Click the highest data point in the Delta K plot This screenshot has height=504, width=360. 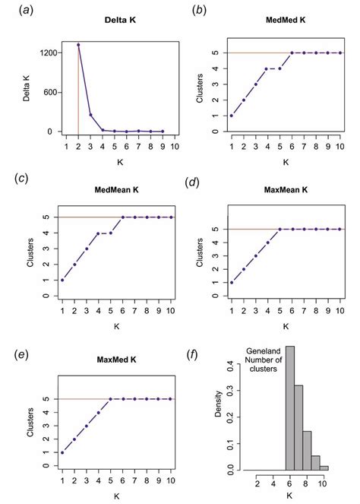tap(78, 45)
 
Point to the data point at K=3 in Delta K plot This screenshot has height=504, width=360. tap(90, 116)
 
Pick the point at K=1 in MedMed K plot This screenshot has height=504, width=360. tap(232, 115)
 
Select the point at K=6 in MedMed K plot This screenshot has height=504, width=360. tap(292, 53)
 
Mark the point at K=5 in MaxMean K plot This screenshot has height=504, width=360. tap(280, 229)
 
